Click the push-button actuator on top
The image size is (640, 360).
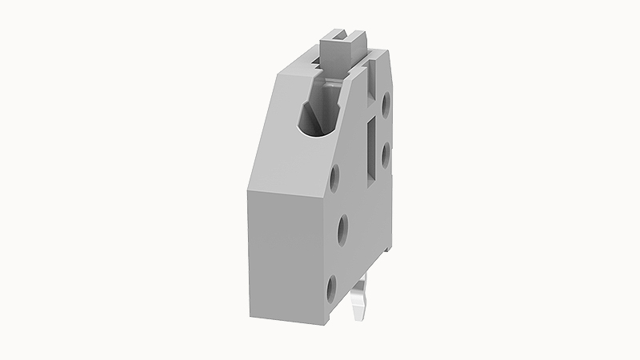click(340, 48)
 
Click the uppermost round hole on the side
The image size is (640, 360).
click(386, 102)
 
